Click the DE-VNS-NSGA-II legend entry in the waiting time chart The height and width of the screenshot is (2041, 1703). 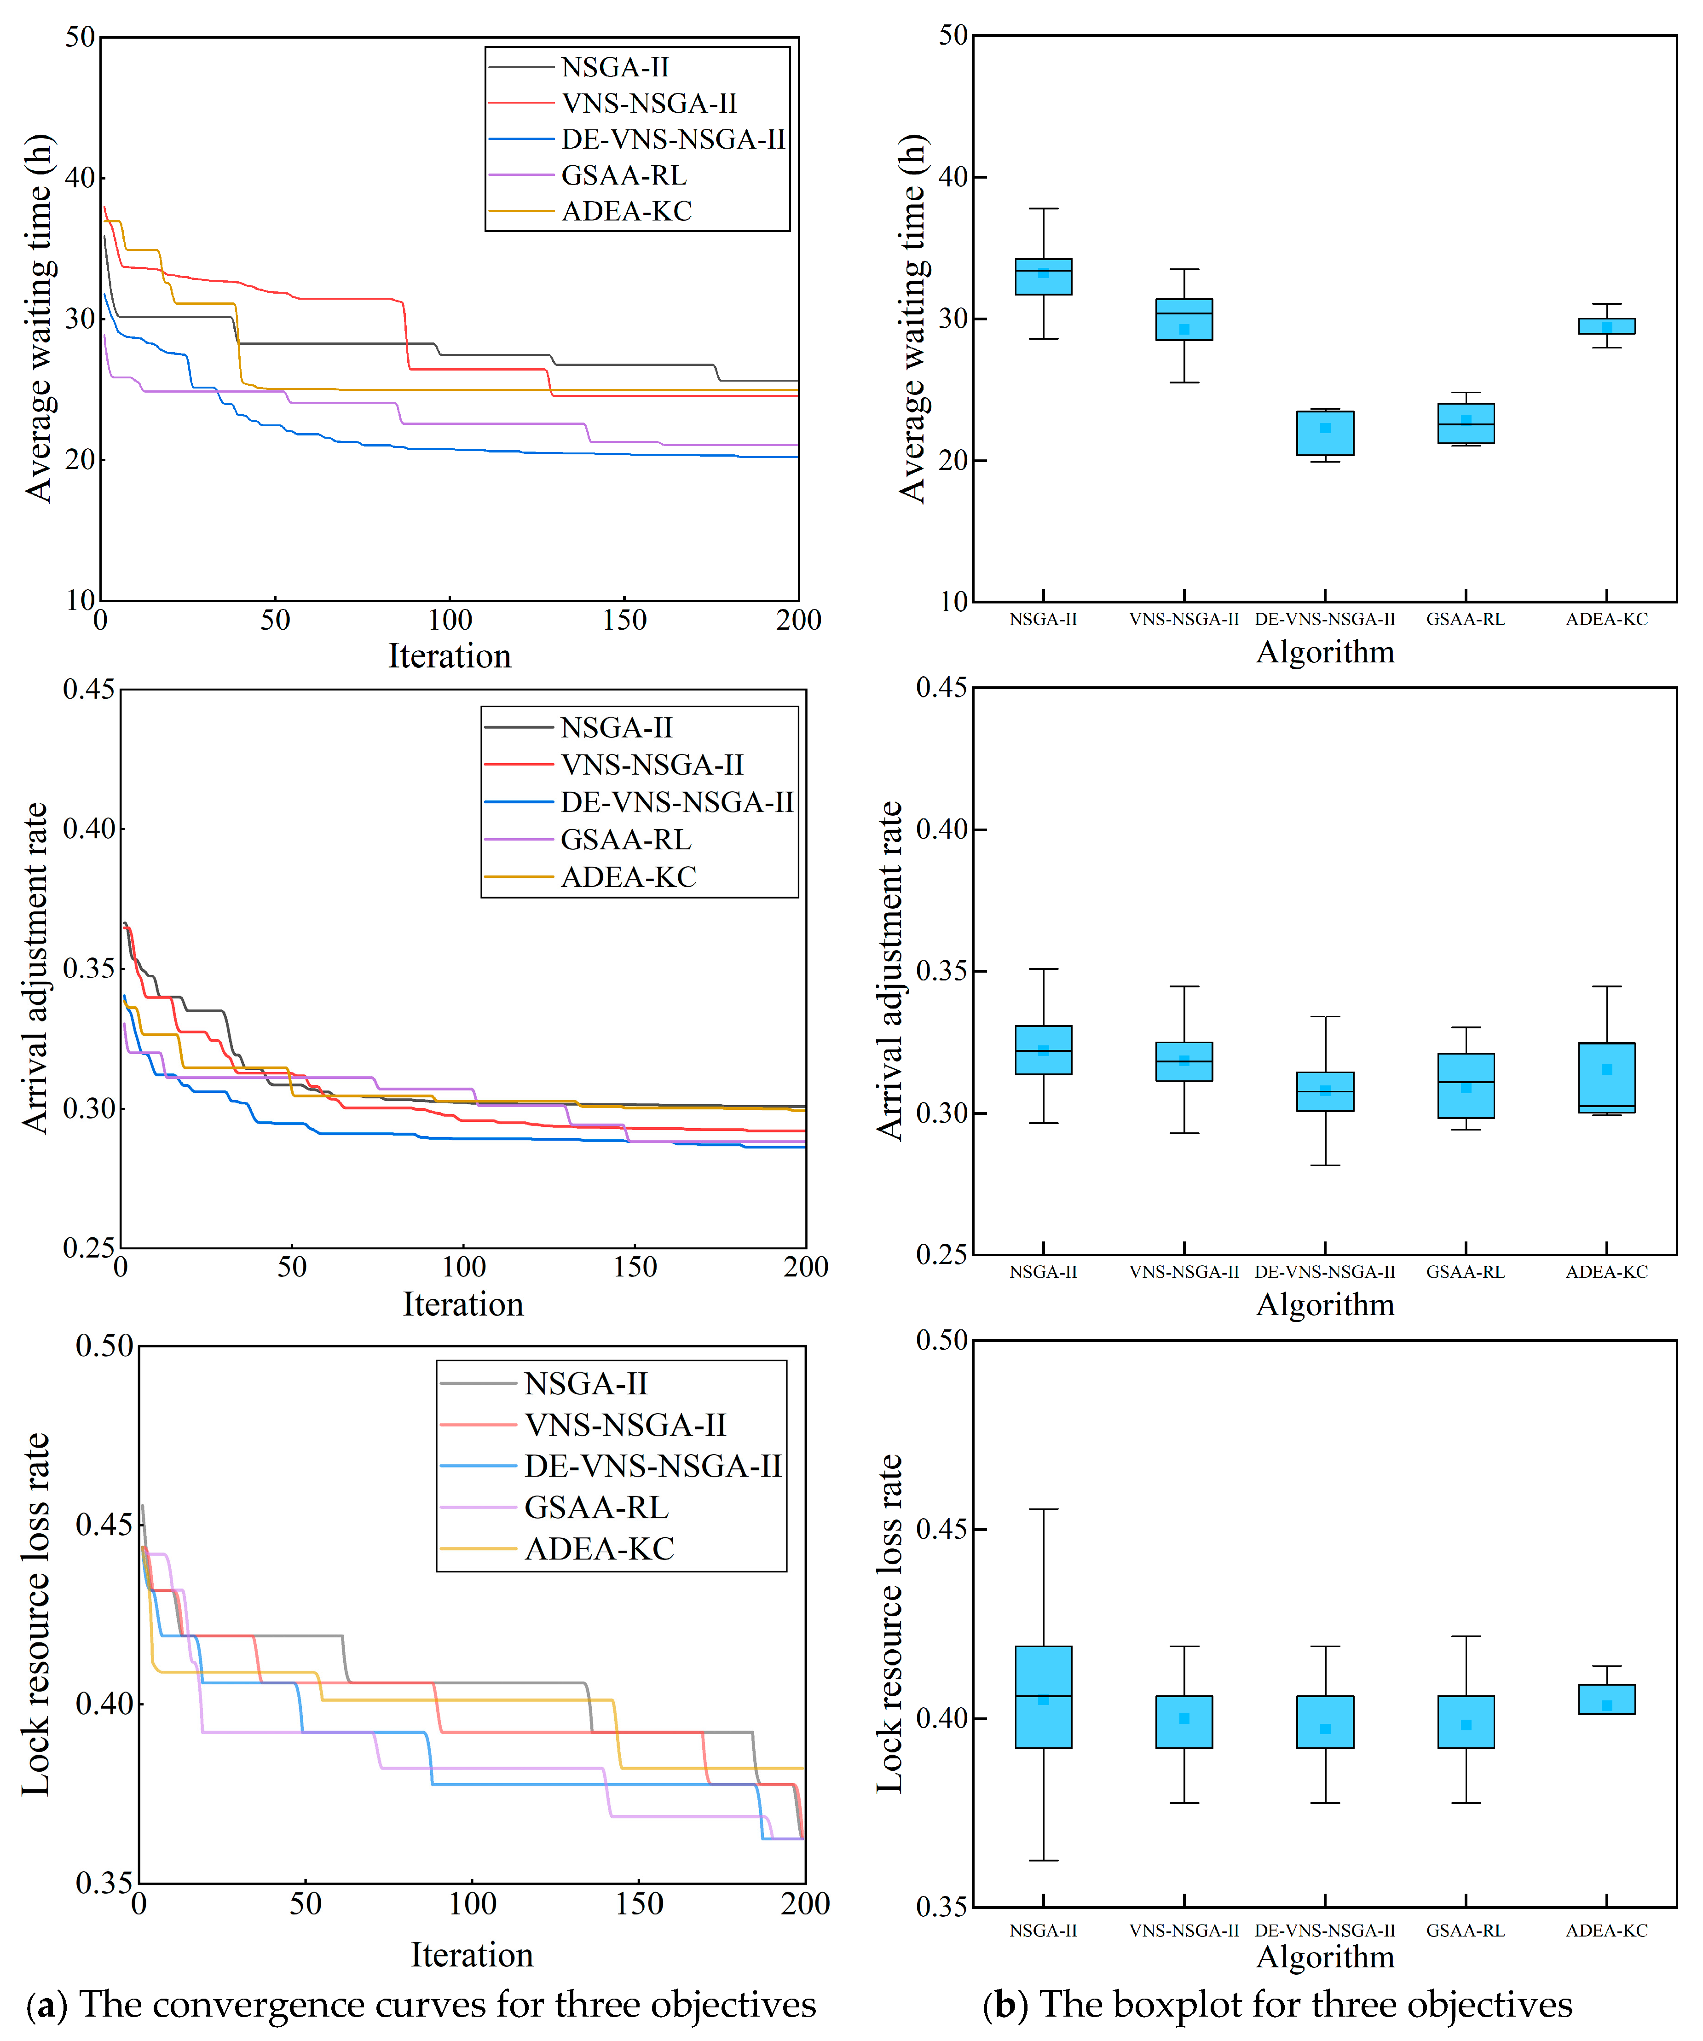637,139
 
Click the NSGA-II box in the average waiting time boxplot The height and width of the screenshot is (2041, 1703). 1043,277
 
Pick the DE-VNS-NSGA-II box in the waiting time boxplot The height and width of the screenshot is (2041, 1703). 1325,434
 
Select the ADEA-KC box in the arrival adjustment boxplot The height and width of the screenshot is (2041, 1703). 1607,1078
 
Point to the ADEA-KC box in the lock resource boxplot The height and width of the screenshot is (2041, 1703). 1607,1699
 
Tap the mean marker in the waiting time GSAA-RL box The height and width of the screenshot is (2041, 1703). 1466,420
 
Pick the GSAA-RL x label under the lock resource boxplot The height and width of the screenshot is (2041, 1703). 1466,1930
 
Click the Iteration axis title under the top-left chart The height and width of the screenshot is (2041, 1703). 450,656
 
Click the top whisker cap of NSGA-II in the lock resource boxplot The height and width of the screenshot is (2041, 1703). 1043,1509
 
